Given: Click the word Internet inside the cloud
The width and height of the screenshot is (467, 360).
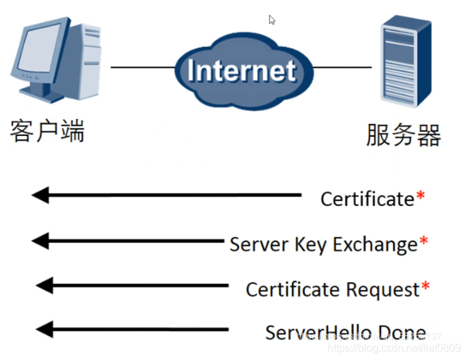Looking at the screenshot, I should click(x=241, y=71).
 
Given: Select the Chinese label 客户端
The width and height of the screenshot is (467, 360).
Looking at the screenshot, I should click(x=47, y=131).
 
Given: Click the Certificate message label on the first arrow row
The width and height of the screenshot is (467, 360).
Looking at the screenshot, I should click(x=367, y=199).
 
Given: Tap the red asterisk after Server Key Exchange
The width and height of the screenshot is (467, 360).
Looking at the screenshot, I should click(x=423, y=242).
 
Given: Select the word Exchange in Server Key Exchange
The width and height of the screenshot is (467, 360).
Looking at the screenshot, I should click(x=375, y=244).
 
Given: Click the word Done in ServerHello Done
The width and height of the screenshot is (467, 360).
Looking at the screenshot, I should click(x=402, y=332).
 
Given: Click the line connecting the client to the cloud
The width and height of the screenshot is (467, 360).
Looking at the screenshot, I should click(x=142, y=67).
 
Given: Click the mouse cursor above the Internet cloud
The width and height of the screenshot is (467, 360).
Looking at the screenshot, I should click(x=271, y=20).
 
